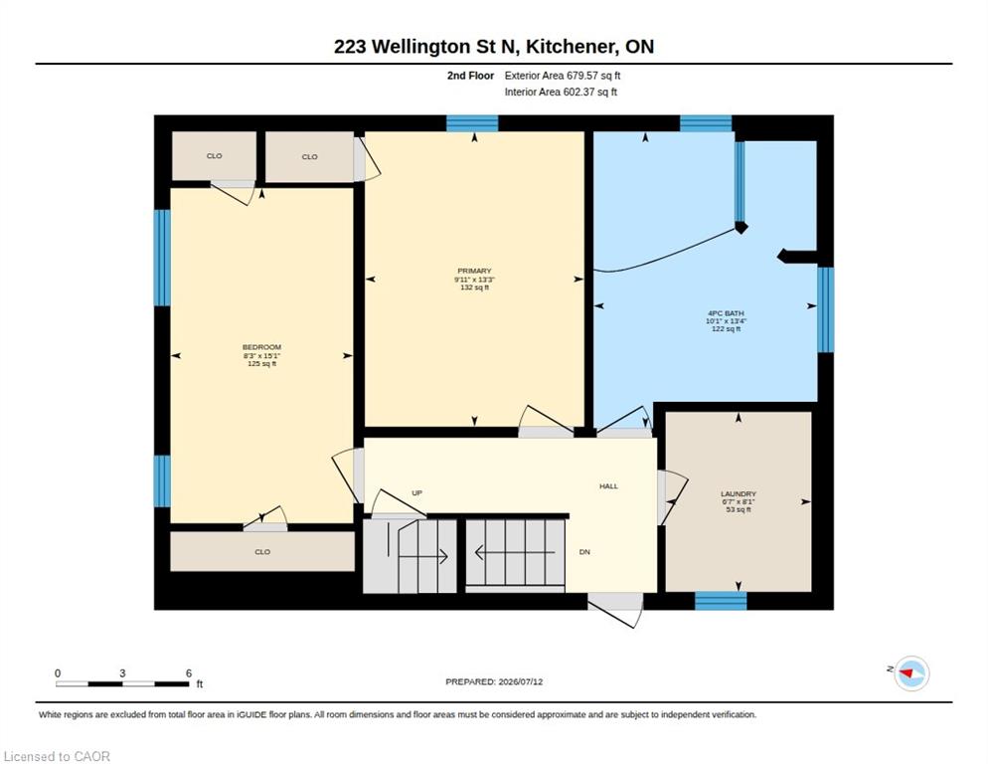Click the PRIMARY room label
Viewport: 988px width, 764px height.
[474, 271]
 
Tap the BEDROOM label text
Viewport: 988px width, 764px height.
[261, 347]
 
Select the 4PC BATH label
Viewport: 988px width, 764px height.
[726, 313]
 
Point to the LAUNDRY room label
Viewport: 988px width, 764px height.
[739, 494]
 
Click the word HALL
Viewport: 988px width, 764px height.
[608, 486]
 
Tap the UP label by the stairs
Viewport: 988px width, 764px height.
[416, 492]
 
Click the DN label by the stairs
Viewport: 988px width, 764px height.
[584, 552]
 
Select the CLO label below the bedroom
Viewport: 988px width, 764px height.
[262, 552]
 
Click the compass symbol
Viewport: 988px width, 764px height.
[911, 673]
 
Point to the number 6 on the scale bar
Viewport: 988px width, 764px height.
[189, 673]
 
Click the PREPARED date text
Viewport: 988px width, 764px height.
[494, 682]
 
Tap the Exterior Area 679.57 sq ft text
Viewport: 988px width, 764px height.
[563, 76]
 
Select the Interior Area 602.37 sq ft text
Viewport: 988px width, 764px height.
[561, 93]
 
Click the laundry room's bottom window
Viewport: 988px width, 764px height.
[721, 601]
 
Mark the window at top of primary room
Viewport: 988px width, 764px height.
[472, 123]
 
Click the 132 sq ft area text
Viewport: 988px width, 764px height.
[474, 287]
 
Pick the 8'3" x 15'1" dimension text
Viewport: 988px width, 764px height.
[261, 356]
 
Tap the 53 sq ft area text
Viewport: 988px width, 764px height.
[739, 509]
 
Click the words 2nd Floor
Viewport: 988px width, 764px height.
[471, 76]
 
